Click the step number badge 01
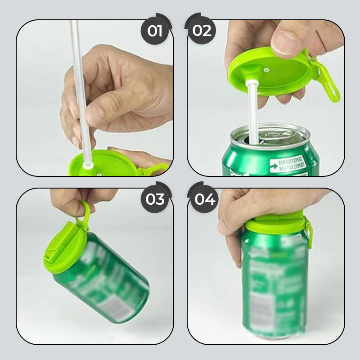click(154, 31)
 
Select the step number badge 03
click(154, 198)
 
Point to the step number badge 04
click(205, 198)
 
